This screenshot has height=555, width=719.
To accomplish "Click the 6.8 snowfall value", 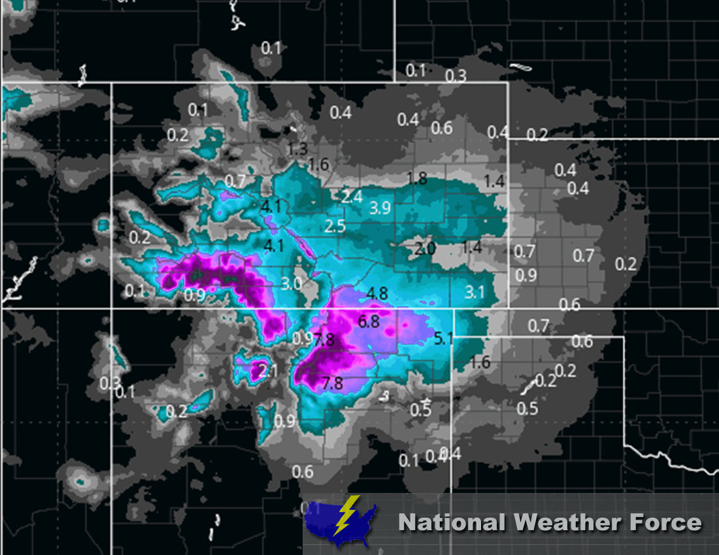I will [369, 321].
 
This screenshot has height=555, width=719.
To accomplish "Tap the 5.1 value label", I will [443, 338].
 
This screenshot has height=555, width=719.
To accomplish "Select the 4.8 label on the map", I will [378, 293].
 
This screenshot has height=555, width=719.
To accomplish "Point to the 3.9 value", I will [380, 208].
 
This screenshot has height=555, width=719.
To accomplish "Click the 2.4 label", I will [352, 197].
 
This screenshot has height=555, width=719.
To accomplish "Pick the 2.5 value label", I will [335, 227].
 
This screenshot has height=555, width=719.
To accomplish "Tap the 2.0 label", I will [425, 248].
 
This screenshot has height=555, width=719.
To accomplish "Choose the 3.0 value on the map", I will [292, 284].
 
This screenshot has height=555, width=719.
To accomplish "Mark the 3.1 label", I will [475, 291].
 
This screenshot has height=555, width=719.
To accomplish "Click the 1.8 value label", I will [416, 178].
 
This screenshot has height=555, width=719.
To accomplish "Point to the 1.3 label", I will [297, 149].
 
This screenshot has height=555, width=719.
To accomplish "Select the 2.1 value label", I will [269, 372].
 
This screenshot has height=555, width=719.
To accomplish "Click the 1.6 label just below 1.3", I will [318, 164].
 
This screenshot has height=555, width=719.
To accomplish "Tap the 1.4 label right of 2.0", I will [471, 247].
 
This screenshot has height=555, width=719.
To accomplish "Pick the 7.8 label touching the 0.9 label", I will [324, 340].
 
